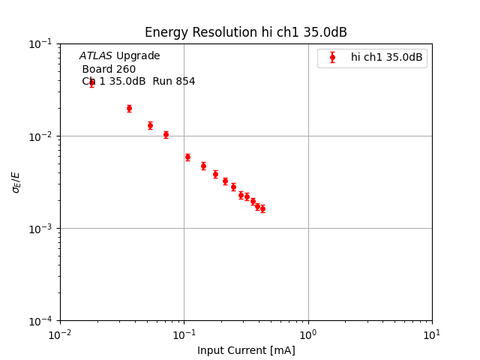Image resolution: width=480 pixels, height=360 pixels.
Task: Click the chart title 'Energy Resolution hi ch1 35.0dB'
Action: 245,32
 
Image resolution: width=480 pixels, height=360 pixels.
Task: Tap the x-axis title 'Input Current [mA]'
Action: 246,350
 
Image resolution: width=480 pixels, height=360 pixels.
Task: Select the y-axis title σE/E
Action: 16,182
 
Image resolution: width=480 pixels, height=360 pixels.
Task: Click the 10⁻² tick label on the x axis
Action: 60,334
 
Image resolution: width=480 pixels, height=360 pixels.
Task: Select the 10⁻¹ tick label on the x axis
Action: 184,334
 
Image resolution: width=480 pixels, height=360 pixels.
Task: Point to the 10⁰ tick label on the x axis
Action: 308,334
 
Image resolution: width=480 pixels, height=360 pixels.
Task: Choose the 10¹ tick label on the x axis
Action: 432,334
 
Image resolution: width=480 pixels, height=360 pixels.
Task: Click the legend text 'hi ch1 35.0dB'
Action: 386,57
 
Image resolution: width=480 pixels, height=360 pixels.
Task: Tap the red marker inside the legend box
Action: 332,57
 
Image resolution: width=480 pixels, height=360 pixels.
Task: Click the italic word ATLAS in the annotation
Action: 95,56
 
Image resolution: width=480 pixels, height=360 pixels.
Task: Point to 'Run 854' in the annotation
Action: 173,82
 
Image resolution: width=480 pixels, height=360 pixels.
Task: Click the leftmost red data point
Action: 91,82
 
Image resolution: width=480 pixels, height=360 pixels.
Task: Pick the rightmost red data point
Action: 262,208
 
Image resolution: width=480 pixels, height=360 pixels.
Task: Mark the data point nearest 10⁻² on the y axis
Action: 166,135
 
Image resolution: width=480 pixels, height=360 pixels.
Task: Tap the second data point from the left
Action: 129,108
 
